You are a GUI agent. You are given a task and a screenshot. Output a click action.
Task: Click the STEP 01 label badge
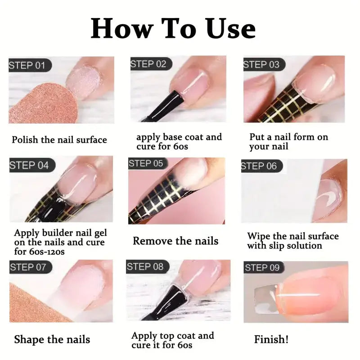pyautogui.click(x=28, y=66)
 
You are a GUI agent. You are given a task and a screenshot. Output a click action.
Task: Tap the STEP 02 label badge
pyautogui.click(x=148, y=64)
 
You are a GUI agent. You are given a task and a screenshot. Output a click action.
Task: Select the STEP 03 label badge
pyautogui.click(x=261, y=64)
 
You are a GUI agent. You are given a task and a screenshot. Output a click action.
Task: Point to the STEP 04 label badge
pyautogui.click(x=29, y=165)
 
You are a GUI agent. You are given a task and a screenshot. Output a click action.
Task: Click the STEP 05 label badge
pyautogui.click(x=146, y=163)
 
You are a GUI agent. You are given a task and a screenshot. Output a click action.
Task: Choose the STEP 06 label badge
pyautogui.click(x=260, y=166)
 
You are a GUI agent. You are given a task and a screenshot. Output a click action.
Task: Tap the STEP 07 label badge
pyautogui.click(x=28, y=267)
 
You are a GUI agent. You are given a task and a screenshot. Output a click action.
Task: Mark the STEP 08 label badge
pyautogui.click(x=145, y=266)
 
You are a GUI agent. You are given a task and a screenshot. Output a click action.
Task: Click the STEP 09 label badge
pyautogui.click(x=262, y=268)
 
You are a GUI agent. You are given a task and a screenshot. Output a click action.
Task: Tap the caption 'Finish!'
pyautogui.click(x=271, y=339)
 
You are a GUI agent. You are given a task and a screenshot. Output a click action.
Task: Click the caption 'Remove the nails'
pyautogui.click(x=175, y=241)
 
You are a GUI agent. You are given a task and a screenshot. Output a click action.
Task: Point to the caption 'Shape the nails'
pyautogui.click(x=52, y=339)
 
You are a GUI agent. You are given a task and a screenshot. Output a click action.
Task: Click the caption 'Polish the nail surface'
pyautogui.click(x=59, y=139)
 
